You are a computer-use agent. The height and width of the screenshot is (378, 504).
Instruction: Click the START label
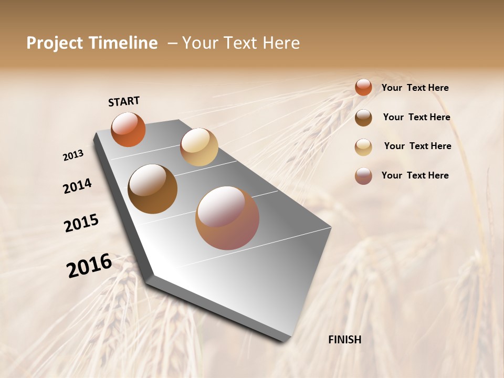pos(124,101)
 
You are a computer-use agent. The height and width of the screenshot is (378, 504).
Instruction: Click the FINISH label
pos(344,340)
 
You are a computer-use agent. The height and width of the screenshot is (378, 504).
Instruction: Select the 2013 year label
pos(73,155)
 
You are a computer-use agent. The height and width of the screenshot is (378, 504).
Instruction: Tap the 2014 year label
pos(77,186)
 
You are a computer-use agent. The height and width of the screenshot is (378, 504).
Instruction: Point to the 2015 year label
pos(81,223)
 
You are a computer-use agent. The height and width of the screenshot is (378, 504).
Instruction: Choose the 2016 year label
pos(89,266)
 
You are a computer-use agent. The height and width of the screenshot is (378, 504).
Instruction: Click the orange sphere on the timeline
pos(128,129)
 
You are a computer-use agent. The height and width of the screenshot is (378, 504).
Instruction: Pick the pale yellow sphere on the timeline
pos(199,147)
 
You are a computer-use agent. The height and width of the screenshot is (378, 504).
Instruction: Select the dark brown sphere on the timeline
pos(152,189)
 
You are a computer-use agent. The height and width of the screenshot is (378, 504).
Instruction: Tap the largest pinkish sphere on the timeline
pos(227,218)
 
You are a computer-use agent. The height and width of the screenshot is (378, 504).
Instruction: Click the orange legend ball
pos(363,87)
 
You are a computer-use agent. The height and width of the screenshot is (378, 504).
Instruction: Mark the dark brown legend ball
pos(363,118)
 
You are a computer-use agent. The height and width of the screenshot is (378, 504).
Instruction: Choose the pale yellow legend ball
pos(363,147)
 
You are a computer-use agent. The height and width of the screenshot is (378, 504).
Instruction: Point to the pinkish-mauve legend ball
pos(363,176)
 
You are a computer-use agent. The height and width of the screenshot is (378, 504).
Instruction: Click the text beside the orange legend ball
pos(415,88)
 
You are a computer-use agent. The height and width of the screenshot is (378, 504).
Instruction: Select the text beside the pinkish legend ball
pos(415,175)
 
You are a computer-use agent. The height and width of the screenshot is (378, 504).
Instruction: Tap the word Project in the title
pos(55,43)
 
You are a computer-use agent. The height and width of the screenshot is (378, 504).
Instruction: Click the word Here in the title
pos(278,43)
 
